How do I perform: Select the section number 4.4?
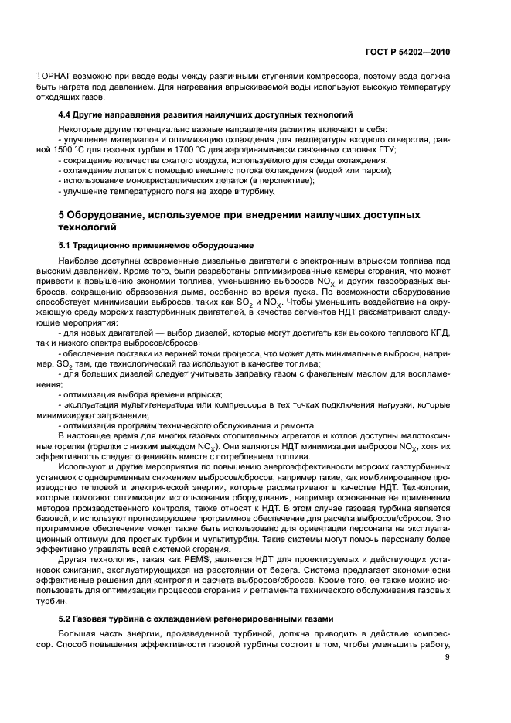66,113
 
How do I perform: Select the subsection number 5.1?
66,245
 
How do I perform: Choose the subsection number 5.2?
66,619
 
